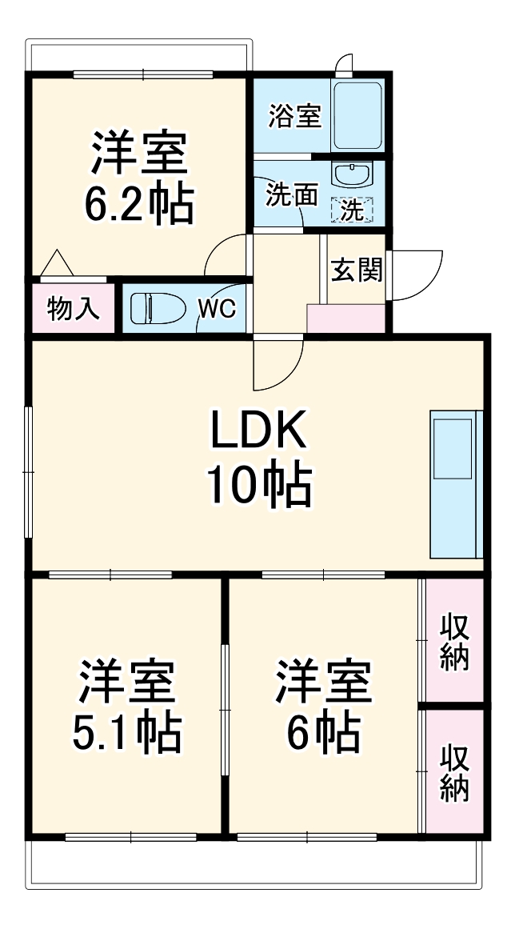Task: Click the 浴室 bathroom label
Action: [294, 117]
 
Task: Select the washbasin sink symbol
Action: [352, 175]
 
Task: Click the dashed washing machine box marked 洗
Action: [352, 210]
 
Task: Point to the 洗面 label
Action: [292, 194]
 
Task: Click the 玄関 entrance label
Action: [357, 271]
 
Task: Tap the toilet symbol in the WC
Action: [151, 308]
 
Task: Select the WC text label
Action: [217, 309]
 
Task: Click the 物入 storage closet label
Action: [74, 308]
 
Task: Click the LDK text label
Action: [257, 432]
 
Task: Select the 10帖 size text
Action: [257, 485]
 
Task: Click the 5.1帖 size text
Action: [126, 730]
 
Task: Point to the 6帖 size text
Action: [323, 730]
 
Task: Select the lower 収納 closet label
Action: [454, 772]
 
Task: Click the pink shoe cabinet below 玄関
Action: [345, 318]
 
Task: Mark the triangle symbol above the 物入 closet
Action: [57, 263]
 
